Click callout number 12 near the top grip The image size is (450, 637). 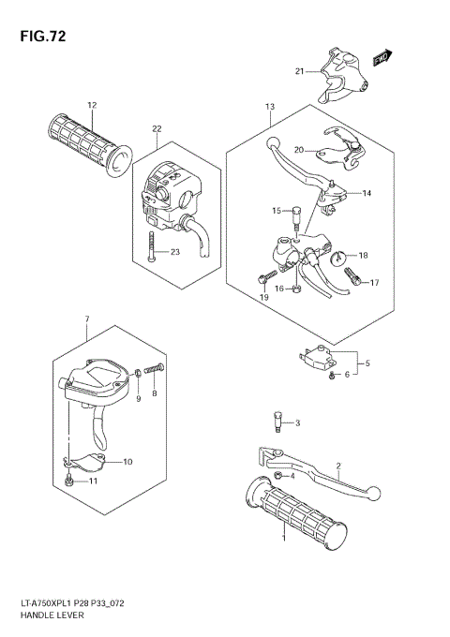tap(92, 105)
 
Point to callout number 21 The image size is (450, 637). tap(299, 71)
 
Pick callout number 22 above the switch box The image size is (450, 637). tap(157, 128)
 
